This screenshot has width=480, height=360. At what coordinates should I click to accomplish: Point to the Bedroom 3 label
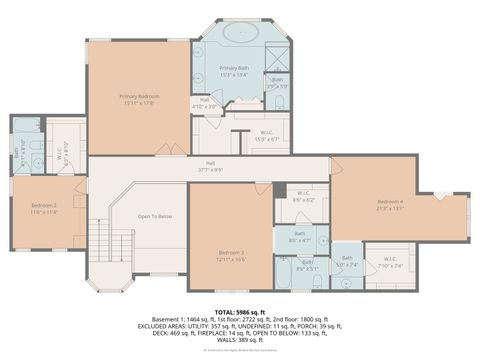click(x=232, y=254)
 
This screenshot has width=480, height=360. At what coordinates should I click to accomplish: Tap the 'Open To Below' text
click(x=155, y=216)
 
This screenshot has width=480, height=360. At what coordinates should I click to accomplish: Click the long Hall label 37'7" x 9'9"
click(x=211, y=166)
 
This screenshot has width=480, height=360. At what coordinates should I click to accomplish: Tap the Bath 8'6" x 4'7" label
click(x=299, y=236)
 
